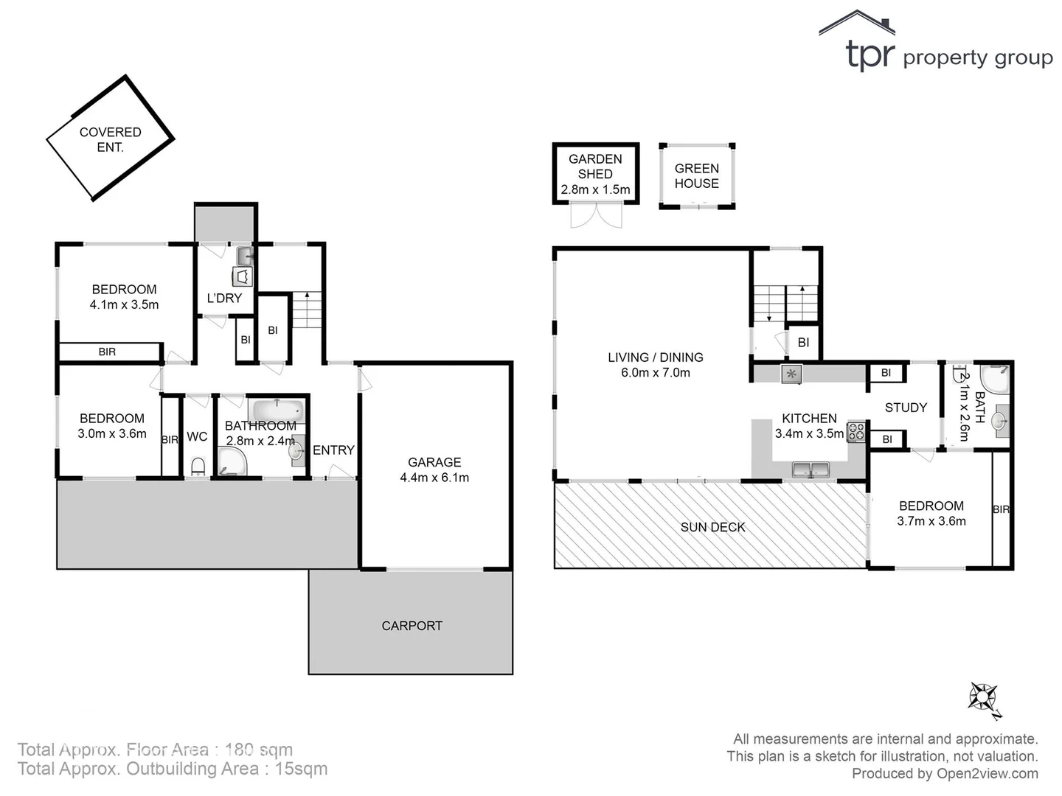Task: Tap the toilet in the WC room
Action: pyautogui.click(x=198, y=467)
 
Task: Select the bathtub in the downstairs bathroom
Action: pyautogui.click(x=277, y=409)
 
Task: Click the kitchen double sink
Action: pyautogui.click(x=811, y=469)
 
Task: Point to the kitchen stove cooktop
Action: pyautogui.click(x=856, y=431)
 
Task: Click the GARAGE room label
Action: pyautogui.click(x=434, y=462)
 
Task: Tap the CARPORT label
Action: pyautogui.click(x=412, y=626)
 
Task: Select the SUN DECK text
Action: pyautogui.click(x=712, y=527)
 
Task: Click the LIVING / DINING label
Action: pyautogui.click(x=655, y=357)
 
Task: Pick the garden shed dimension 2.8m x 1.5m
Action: pyautogui.click(x=595, y=189)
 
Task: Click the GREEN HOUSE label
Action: pyautogui.click(x=696, y=176)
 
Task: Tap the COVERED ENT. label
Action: pyautogui.click(x=111, y=139)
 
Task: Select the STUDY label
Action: pyautogui.click(x=906, y=408)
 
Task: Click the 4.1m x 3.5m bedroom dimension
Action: pyautogui.click(x=124, y=304)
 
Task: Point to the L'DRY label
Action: pyautogui.click(x=224, y=298)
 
